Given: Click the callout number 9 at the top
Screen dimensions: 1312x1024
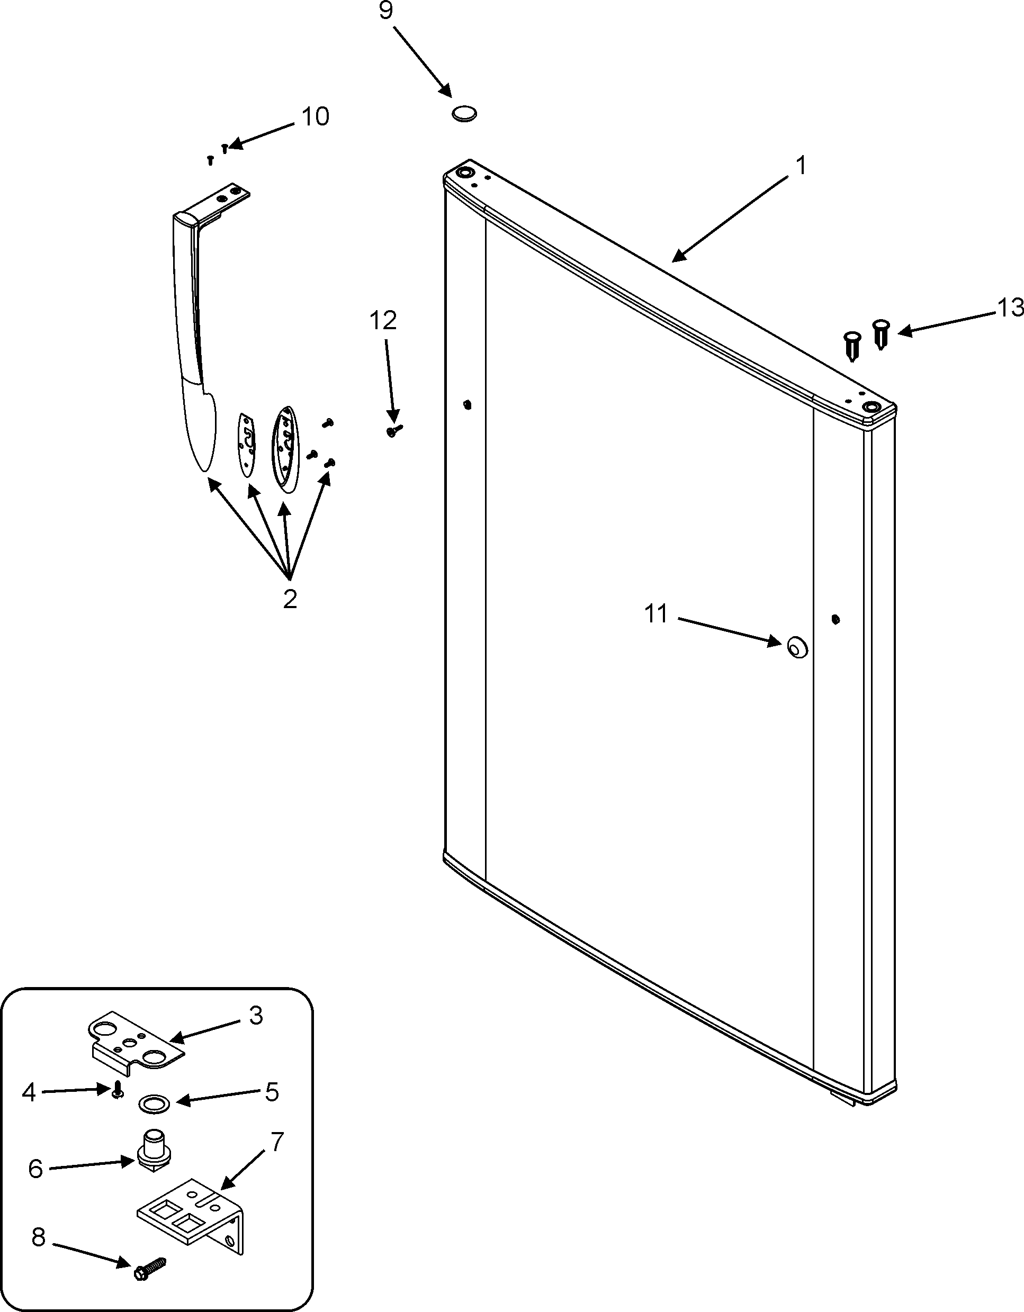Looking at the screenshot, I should tap(386, 12).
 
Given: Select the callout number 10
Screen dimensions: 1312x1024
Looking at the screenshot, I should tap(315, 116).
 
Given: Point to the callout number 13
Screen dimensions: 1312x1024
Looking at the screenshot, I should tap(1010, 308).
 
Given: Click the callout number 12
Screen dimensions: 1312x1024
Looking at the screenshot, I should tap(383, 321).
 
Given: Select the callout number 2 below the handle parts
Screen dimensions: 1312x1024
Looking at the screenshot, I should tap(290, 599).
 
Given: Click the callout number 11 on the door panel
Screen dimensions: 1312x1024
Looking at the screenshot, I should tap(655, 614).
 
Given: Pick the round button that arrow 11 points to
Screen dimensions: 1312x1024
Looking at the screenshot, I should tap(797, 648).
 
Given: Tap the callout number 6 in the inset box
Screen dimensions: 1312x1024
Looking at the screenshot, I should tap(35, 1169).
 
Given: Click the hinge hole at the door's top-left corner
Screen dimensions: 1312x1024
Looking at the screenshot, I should tap(464, 173).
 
